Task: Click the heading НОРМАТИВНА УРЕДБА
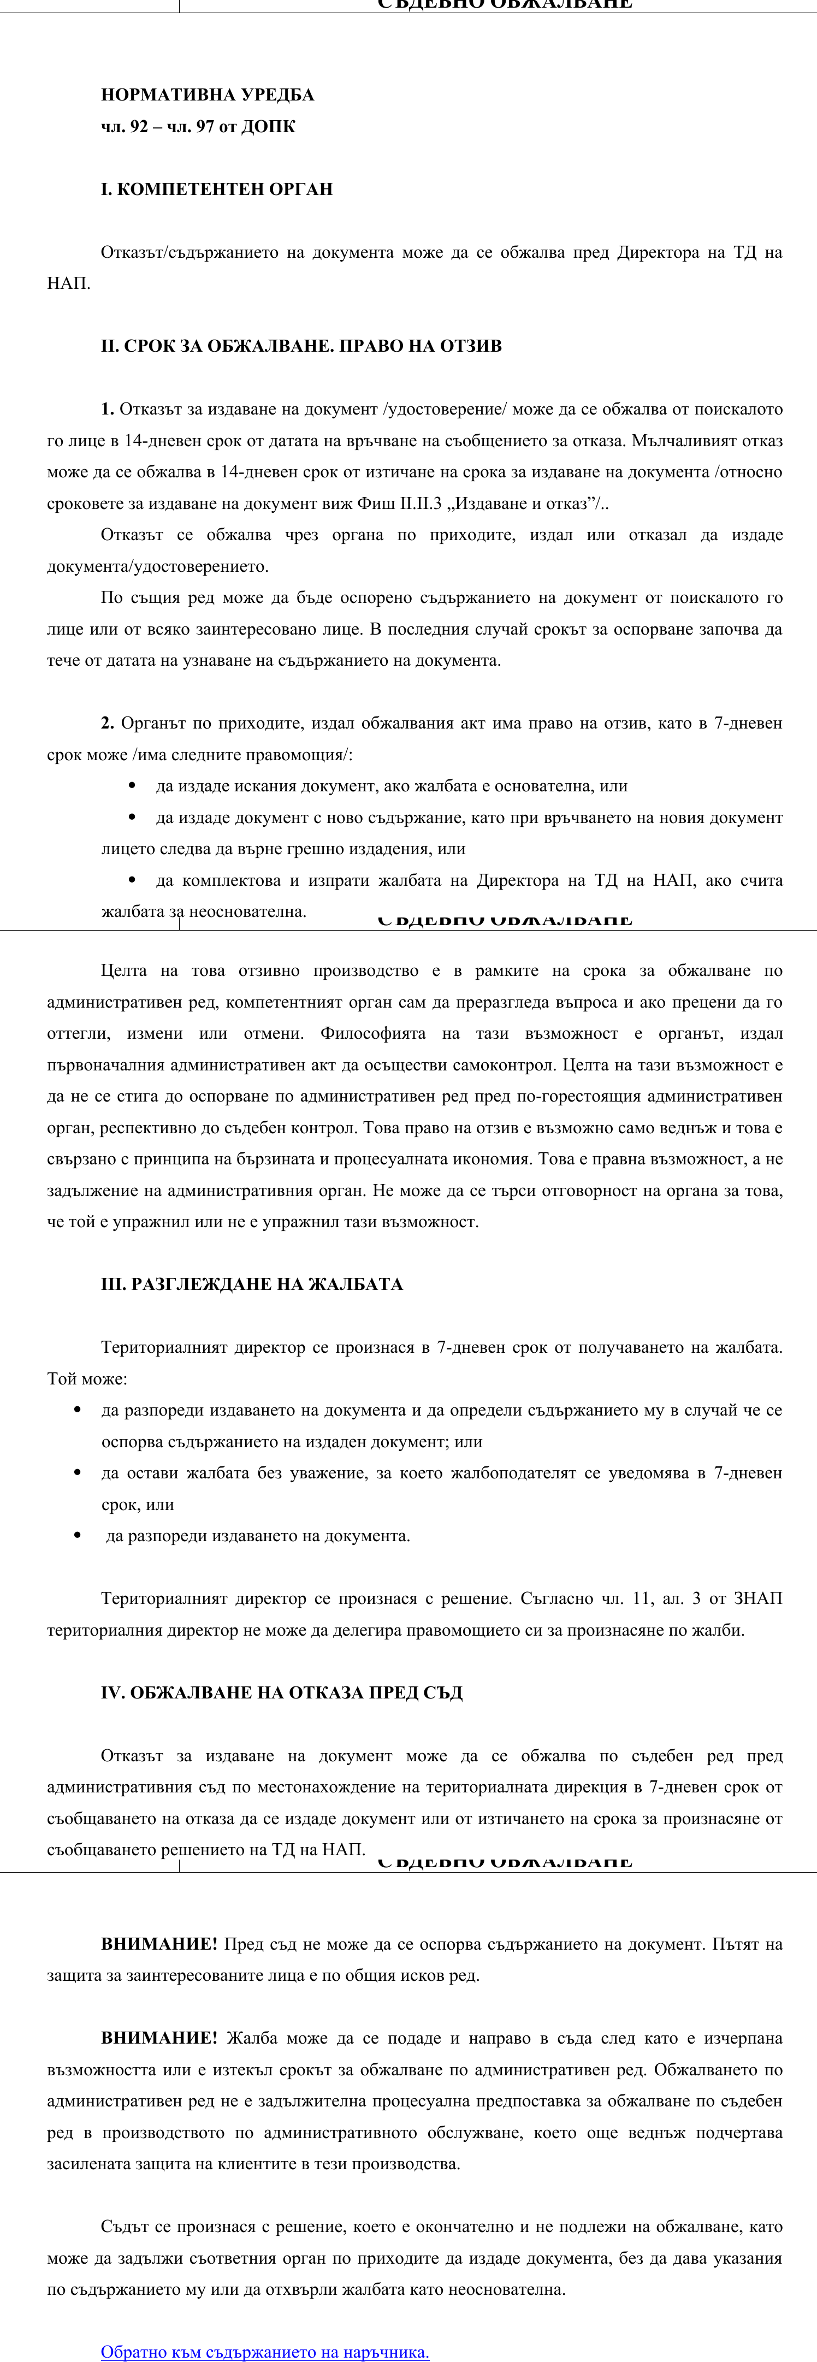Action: tap(207, 94)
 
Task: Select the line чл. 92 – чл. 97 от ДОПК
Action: tap(198, 127)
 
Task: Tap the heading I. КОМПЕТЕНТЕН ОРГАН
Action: tap(216, 189)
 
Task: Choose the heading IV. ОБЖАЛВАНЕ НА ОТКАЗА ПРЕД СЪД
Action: tap(281, 1692)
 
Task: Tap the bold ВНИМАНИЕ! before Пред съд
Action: tap(158, 1944)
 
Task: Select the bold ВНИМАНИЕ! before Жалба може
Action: tap(158, 2038)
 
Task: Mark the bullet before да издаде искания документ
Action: tap(133, 786)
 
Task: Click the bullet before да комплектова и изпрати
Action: tap(133, 880)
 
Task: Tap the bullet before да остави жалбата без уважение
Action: tap(78, 1472)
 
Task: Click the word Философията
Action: tap(372, 1033)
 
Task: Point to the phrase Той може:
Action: tap(87, 1378)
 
